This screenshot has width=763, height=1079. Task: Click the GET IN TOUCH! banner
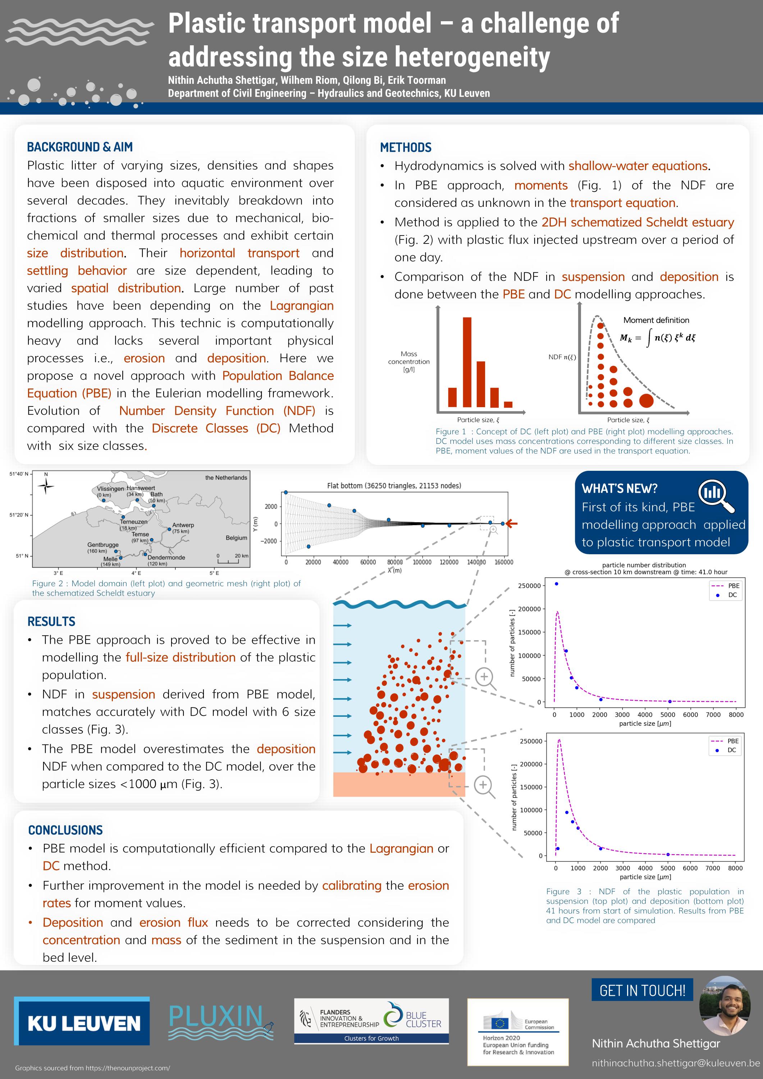coord(642,990)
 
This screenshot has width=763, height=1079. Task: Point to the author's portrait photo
coord(724,1006)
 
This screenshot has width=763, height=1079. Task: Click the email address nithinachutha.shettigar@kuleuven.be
coord(676,1063)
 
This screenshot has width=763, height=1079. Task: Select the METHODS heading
coord(406,147)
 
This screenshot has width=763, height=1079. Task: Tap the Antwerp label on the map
coord(183,525)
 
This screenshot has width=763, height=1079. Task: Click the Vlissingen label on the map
coord(110,489)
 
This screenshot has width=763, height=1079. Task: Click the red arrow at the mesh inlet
coord(512,524)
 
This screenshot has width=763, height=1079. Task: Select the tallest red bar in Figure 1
coord(467,362)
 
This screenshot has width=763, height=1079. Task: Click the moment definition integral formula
coord(657,337)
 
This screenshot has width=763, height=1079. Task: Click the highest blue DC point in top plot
coord(556,584)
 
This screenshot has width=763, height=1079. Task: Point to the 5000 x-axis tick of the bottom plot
coord(668,868)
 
